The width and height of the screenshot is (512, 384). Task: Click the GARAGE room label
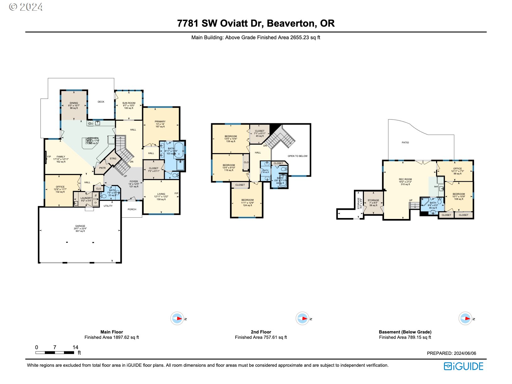pos(80,226)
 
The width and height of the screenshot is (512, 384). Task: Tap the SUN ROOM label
pos(129,103)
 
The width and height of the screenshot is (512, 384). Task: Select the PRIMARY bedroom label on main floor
pos(160,121)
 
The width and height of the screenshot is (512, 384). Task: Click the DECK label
pos(101,102)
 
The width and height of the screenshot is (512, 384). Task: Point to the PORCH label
pos(132,209)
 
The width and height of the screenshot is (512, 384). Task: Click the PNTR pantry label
pos(102,168)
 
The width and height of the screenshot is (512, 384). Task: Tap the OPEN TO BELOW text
pos(297,156)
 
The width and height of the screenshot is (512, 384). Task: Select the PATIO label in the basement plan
pos(405,142)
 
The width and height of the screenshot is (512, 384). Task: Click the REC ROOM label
pos(405,179)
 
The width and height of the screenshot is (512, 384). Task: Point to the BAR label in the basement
pos(436,187)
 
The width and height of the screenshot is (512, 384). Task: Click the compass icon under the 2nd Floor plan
pos(302,318)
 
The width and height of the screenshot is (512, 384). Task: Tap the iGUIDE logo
pos(463,366)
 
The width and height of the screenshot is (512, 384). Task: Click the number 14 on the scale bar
pos(75,347)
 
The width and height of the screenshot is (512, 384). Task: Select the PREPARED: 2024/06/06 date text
pos(451,353)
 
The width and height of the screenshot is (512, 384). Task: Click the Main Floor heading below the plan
pos(112,332)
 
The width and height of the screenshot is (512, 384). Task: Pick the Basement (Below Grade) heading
pos(405,332)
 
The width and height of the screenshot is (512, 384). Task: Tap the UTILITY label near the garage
pos(108,206)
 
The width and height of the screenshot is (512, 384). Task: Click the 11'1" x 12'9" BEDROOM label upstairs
pos(248,200)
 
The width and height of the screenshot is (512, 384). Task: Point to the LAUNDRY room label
pos(86,198)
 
